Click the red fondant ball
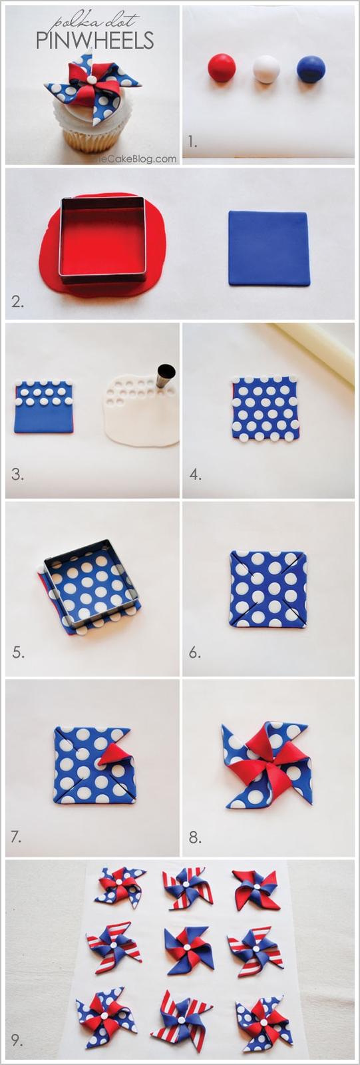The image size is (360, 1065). click(x=222, y=67)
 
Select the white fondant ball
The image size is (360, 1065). click(x=267, y=69)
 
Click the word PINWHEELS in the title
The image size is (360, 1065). click(x=94, y=41)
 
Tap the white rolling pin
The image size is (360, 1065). click(x=314, y=349)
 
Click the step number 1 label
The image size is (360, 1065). click(x=192, y=140)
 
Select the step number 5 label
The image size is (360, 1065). click(x=18, y=652)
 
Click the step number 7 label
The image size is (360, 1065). click(x=17, y=836)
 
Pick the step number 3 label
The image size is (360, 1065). click(x=17, y=474)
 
